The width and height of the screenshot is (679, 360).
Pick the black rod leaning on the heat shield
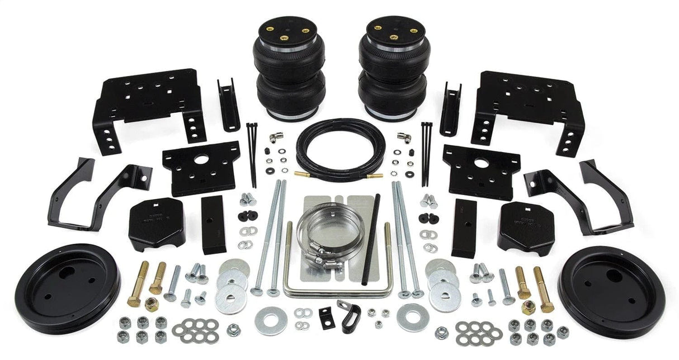(x=370, y=238)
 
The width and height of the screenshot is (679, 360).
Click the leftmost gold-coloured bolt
(x=138, y=283)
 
